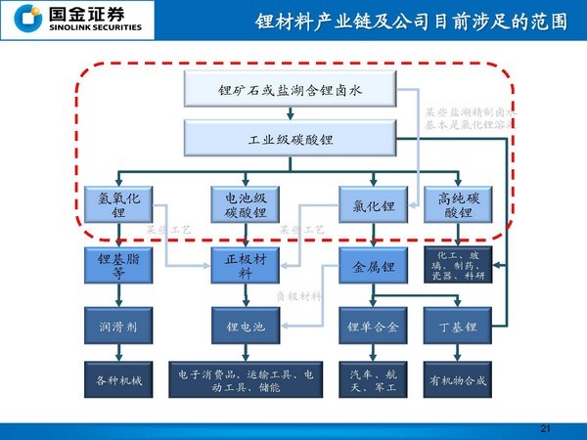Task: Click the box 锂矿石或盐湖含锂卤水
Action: pyautogui.click(x=292, y=92)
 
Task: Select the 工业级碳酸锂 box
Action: pyautogui.click(x=292, y=139)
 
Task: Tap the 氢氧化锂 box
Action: pyautogui.click(x=118, y=205)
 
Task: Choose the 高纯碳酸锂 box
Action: pyautogui.click(x=457, y=205)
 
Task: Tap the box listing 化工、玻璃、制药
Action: pyautogui.click(x=457, y=267)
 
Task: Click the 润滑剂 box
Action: pyautogui.click(x=118, y=327)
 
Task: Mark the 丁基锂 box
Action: pyautogui.click(x=457, y=327)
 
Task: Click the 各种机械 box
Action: pyautogui.click(x=118, y=380)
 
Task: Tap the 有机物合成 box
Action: pyautogui.click(x=457, y=380)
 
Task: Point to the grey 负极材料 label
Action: pyautogui.click(x=297, y=295)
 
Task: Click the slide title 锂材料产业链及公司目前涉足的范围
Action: pyautogui.click(x=411, y=22)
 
